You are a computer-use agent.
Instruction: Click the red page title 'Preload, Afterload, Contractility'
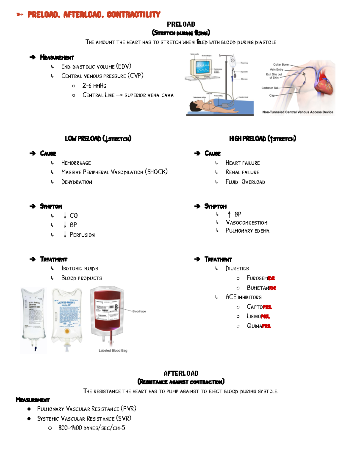tap(94, 14)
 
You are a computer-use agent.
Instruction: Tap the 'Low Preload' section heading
tap(98, 139)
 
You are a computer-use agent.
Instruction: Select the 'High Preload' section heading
tap(262, 139)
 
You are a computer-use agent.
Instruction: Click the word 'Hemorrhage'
tap(76, 163)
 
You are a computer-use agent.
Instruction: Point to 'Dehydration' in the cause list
tap(76, 182)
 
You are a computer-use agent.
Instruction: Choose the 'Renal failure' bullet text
tap(242, 172)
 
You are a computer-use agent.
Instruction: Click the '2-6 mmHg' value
tap(94, 86)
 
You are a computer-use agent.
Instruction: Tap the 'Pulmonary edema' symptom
tap(247, 231)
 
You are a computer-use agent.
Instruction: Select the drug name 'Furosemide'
tap(260, 278)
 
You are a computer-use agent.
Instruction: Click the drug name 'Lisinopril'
tap(258, 316)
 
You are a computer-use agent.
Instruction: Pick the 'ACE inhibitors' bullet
tap(243, 297)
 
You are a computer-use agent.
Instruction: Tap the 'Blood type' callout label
tap(139, 311)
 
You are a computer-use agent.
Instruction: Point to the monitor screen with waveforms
tap(202, 68)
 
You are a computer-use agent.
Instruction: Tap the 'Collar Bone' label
tap(280, 65)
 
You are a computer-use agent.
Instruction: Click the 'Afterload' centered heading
tap(181, 374)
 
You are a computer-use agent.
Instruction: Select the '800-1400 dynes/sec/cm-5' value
tap(91, 428)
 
